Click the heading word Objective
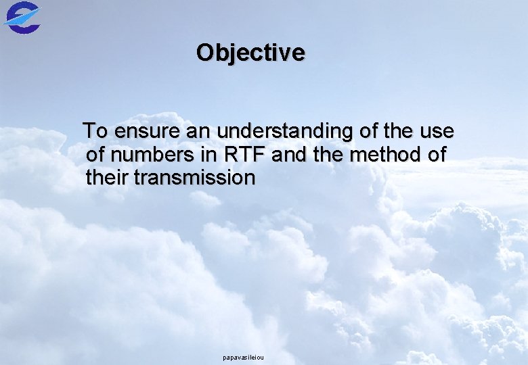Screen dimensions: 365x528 pos(250,53)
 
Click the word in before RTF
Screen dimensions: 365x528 pos(209,155)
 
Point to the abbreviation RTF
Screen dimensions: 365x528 pos(247,155)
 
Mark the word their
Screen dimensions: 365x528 pos(108,178)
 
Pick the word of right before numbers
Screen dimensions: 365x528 pos(96,155)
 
